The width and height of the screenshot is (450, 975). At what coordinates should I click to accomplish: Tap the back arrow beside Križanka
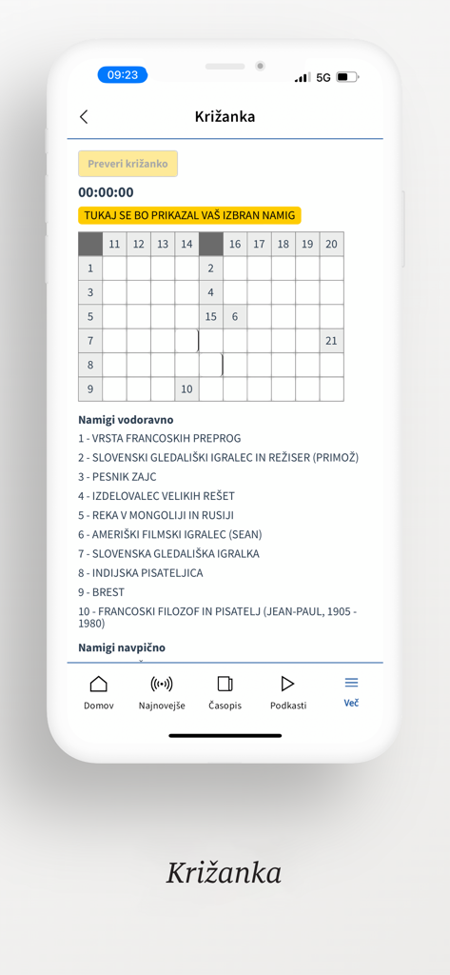[x=84, y=116]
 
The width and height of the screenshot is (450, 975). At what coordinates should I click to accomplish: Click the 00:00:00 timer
[x=106, y=192]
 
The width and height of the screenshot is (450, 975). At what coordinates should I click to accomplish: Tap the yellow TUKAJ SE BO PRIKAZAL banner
[x=189, y=216]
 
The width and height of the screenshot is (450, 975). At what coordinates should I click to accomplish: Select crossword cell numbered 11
[x=114, y=245]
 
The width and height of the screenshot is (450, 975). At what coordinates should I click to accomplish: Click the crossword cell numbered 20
[x=331, y=245]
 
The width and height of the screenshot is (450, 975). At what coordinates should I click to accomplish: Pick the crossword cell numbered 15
[x=211, y=317]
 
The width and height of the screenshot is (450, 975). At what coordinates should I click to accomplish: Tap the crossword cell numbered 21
[x=331, y=341]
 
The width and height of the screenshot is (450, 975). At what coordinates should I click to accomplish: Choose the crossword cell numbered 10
[x=186, y=388]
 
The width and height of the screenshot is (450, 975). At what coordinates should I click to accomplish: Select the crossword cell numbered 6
[x=235, y=317]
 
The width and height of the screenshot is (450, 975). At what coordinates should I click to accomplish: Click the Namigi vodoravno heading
[x=126, y=419]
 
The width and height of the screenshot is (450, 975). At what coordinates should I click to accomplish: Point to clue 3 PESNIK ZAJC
[x=117, y=477]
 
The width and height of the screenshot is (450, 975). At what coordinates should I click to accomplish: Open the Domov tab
[x=99, y=692]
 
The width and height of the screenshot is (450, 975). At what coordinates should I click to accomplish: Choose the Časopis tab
[x=225, y=692]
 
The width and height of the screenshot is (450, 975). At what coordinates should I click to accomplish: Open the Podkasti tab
[x=287, y=692]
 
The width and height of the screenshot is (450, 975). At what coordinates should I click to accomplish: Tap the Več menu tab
[x=351, y=692]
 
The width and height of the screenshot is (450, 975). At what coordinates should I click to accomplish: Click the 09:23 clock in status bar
[x=123, y=75]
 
